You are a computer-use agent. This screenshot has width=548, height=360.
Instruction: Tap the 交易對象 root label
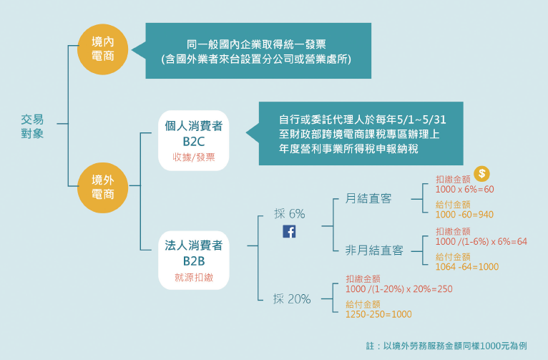32,126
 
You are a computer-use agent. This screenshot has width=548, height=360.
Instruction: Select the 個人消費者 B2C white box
193,140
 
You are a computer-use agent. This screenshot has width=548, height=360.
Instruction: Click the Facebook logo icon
290,231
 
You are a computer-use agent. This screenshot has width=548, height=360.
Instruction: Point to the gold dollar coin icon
483,174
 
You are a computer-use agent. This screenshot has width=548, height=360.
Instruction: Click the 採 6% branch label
289,213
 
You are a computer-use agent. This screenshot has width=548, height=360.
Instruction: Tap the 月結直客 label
368,198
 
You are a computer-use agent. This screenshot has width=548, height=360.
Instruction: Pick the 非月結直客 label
374,250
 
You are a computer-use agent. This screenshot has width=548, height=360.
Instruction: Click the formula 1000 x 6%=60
464,189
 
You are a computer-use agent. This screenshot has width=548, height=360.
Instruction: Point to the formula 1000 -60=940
464,214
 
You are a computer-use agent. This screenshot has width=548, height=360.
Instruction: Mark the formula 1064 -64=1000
466,266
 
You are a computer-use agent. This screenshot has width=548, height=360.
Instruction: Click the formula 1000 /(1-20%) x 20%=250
398,288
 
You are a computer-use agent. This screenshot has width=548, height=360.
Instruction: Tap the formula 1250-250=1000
378,313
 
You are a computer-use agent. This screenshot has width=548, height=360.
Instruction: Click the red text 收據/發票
193,157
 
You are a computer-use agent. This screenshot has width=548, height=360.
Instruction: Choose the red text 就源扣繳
193,276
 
